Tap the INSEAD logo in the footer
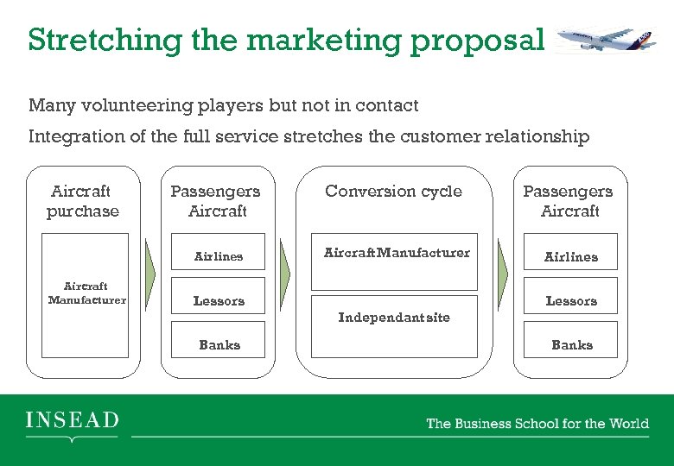click(72, 422)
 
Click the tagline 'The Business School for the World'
click(537, 423)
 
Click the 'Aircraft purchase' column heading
click(83, 201)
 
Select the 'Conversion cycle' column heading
click(393, 192)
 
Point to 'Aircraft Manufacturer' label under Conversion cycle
click(397, 253)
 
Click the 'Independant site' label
click(394, 318)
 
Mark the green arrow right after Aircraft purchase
click(149, 274)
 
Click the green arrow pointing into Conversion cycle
click(286, 274)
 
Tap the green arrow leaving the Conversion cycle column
click(503, 274)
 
